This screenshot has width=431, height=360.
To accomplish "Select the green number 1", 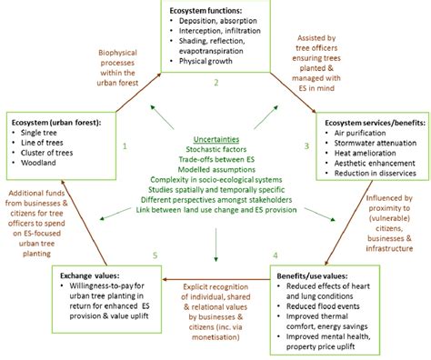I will [125, 145].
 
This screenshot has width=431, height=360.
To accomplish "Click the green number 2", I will [215, 83].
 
